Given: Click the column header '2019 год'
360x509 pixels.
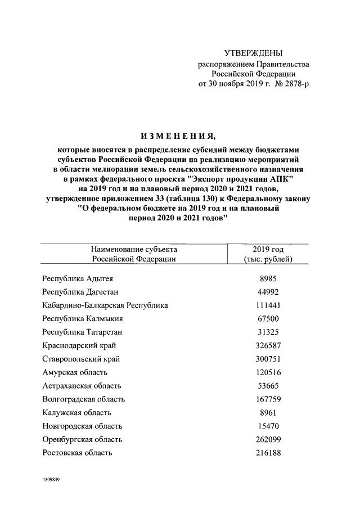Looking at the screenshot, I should click(x=268, y=249).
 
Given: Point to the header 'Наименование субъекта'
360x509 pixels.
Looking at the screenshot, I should click(x=134, y=249).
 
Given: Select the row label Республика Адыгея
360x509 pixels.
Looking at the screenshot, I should click(x=79, y=278).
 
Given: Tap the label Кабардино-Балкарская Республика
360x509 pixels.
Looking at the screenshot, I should click(x=105, y=305).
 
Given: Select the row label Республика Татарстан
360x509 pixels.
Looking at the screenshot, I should click(x=82, y=332).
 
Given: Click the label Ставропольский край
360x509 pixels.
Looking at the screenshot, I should click(x=81, y=359).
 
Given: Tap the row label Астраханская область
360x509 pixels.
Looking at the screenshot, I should click(x=82, y=386).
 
